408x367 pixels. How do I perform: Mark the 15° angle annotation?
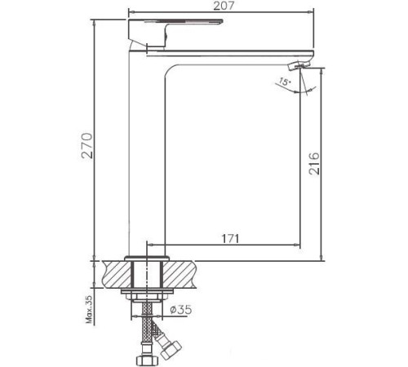[x=282, y=82]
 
